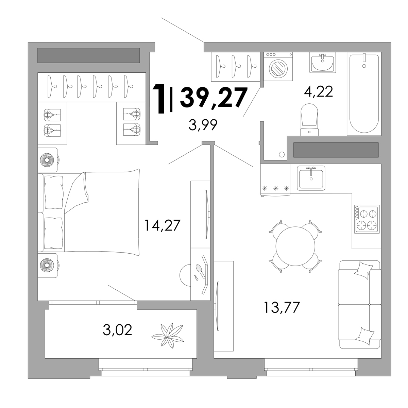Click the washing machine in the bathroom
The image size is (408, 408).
(x=278, y=67)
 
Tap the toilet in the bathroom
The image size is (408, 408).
(x=309, y=119)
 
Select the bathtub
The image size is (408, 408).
(x=364, y=93)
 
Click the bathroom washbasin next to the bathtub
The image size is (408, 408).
(x=322, y=63)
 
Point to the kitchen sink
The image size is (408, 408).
(x=311, y=178)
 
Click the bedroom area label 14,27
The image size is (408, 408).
(x=162, y=225)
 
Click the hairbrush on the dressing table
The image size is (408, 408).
(x=200, y=271)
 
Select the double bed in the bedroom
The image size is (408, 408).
(x=89, y=213)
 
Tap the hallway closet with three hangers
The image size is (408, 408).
(x=236, y=67)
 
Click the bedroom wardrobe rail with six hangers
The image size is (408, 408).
(x=92, y=87)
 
